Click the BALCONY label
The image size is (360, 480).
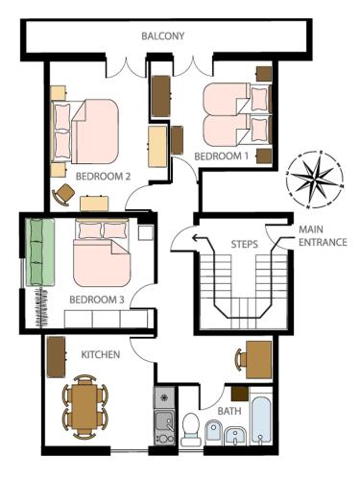(163, 36)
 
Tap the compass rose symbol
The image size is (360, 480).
(316, 180)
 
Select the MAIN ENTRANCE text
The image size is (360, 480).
(323, 236)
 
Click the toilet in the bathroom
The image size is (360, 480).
(191, 429)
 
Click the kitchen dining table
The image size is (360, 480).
(84, 407)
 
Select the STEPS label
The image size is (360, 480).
(245, 245)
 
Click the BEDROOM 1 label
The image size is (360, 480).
(222, 156)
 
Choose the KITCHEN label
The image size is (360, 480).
(101, 354)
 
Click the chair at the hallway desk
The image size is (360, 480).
(240, 360)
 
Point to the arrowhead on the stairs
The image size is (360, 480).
(194, 238)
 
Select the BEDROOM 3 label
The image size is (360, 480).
(97, 300)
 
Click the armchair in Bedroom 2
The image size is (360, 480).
(63, 195)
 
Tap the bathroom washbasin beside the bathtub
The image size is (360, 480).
(236, 436)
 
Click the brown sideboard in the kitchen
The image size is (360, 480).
(57, 357)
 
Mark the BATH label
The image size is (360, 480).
(229, 411)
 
